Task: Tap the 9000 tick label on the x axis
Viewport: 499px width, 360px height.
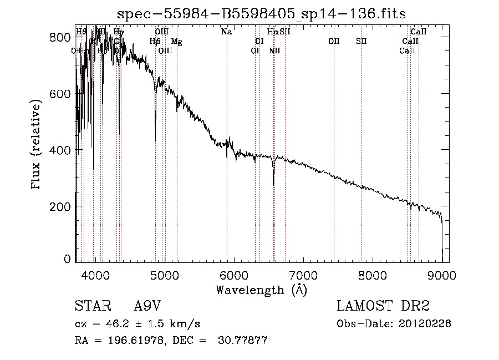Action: coord(441,275)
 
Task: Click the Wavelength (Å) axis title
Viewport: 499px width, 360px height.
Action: coord(261,290)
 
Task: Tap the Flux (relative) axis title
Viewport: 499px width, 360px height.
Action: coord(37,146)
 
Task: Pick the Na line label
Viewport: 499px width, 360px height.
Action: coord(226,32)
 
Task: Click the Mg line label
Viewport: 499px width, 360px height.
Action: coord(176,42)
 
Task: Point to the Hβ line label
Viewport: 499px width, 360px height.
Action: coord(155,42)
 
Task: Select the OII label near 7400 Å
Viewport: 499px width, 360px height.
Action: coord(334,42)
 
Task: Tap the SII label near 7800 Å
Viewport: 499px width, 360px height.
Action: coord(361,42)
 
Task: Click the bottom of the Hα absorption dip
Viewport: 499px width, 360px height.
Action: coord(273,184)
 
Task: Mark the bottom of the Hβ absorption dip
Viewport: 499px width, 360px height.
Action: coord(155,117)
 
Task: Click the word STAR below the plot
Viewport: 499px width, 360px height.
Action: coord(92,306)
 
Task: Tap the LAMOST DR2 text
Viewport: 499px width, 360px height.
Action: coord(383,306)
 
